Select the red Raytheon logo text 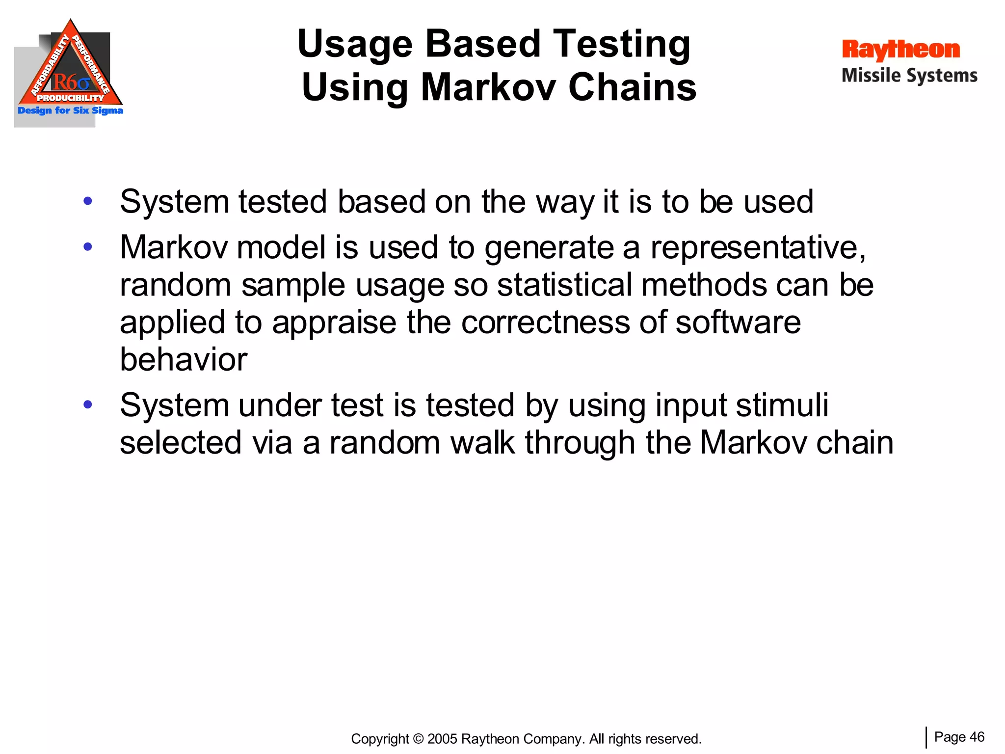[900, 50]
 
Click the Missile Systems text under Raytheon [909, 76]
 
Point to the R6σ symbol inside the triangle [71, 82]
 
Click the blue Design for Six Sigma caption [70, 110]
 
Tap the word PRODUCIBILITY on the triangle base [71, 98]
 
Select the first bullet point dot [88, 201]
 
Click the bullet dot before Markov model [88, 246]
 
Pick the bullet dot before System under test [88, 404]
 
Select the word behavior [184, 359]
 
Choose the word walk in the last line [482, 443]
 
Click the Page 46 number [959, 737]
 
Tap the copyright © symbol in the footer [418, 739]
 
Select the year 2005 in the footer [443, 739]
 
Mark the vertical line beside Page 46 [926, 737]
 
